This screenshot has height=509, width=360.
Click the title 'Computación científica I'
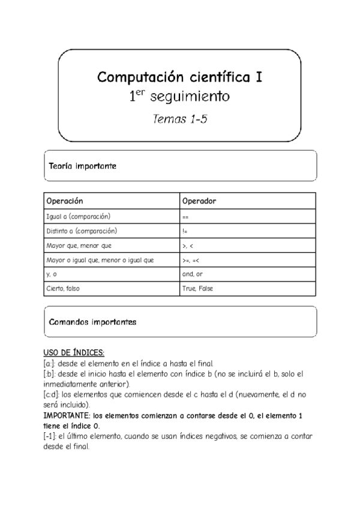tap(179, 77)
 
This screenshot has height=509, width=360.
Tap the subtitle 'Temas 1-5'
tap(179, 118)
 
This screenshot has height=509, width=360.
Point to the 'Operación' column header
tap(64, 200)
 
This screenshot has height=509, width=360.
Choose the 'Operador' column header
tap(199, 200)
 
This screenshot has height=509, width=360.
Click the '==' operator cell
tap(185, 216)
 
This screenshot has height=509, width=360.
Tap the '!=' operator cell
tap(185, 231)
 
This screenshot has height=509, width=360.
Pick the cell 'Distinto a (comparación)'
tap(81, 230)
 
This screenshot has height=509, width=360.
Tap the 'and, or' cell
tap(192, 274)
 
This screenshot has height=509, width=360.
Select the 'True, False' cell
tap(197, 289)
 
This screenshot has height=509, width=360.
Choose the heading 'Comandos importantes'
tap(92, 322)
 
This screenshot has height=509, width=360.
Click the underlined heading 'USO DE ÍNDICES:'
tap(74, 353)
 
